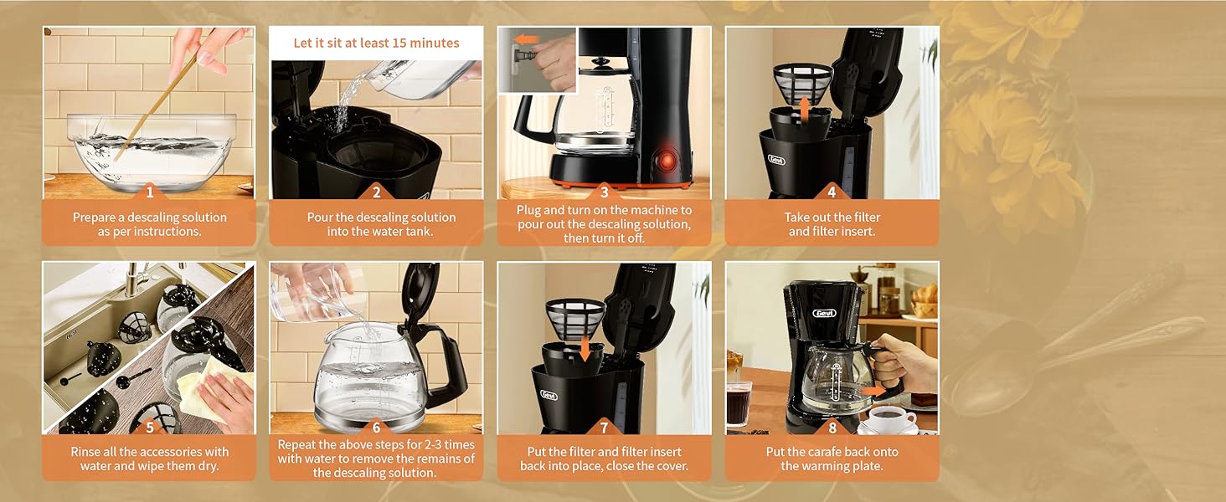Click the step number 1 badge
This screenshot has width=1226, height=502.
(149, 192)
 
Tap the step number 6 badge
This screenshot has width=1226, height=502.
(376, 428)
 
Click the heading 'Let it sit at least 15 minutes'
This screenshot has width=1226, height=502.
(376, 43)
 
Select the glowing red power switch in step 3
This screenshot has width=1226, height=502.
(667, 159)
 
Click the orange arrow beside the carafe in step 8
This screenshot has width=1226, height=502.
(873, 391)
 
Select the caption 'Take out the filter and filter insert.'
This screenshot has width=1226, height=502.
(832, 224)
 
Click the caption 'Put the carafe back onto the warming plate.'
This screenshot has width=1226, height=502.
(832, 458)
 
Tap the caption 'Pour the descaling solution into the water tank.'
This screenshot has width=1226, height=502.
(376, 224)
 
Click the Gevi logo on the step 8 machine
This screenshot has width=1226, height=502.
(824, 313)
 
